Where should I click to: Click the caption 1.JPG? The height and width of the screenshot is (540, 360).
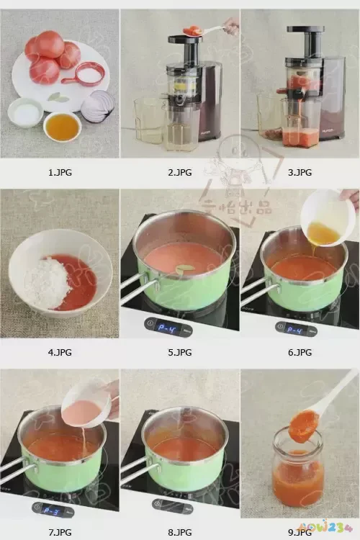click(x=60, y=173)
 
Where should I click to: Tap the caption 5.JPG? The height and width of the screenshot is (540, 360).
click(x=180, y=352)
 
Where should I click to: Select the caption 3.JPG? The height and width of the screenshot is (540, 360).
click(x=300, y=173)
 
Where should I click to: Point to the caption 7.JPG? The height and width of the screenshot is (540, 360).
click(x=60, y=532)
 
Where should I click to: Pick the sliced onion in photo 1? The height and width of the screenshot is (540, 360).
click(x=97, y=106)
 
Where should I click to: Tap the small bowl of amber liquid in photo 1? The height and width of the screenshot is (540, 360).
click(x=62, y=127)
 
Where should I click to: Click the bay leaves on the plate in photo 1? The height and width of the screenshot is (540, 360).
click(x=58, y=96)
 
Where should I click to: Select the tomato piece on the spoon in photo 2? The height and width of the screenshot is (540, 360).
click(x=192, y=30)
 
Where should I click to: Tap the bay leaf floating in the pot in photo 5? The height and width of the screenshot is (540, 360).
click(x=185, y=268)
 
